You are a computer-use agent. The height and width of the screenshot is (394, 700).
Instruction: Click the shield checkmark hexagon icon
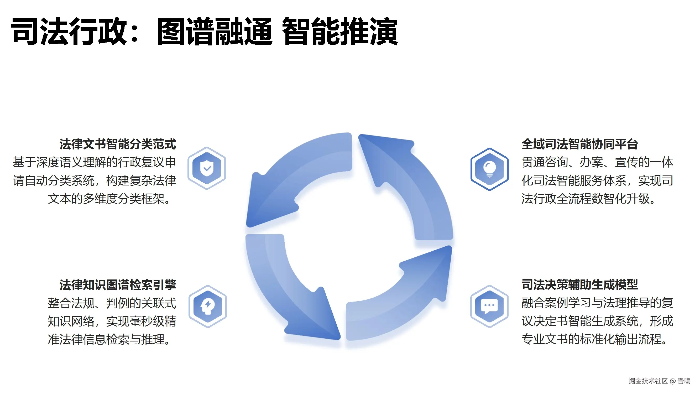(x=207, y=168)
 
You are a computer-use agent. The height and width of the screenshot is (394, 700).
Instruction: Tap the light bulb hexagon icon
(x=489, y=169)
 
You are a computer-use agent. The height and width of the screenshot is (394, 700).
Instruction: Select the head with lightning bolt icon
(x=208, y=306)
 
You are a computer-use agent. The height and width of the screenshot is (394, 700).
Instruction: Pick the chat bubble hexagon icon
(x=489, y=306)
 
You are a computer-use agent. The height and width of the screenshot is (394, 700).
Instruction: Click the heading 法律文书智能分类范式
(x=118, y=144)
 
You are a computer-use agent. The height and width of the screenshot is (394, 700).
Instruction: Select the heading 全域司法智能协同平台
(x=580, y=144)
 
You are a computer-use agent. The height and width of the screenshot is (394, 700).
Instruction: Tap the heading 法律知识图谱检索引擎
(x=118, y=285)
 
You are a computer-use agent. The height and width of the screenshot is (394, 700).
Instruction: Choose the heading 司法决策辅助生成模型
(x=580, y=285)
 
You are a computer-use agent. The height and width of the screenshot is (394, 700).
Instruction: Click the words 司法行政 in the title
(x=69, y=31)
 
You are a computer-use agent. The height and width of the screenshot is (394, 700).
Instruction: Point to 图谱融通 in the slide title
(x=215, y=31)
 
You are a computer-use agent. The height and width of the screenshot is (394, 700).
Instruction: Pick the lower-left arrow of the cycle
(x=288, y=294)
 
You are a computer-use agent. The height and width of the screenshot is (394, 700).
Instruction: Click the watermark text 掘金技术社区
(x=648, y=381)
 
